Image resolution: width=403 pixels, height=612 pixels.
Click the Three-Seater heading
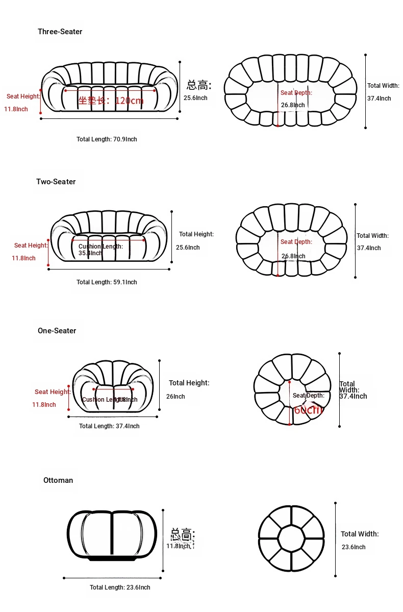coord(60,32)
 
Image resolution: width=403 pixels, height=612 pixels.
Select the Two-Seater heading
coord(56,182)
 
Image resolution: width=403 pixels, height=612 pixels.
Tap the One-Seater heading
coord(57,331)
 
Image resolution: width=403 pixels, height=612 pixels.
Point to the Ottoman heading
coord(58,480)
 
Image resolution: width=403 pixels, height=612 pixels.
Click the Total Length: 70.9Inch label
coord(107,139)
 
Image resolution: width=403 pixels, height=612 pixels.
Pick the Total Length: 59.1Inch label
coord(107,282)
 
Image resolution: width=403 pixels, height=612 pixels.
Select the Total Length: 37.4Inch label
coord(109,426)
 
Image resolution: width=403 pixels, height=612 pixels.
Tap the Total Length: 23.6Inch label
coord(120,587)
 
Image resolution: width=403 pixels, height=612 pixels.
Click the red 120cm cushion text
coord(129,101)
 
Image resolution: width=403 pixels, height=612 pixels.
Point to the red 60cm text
coord(308,409)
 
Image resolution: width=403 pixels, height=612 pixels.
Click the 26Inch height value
coord(175,397)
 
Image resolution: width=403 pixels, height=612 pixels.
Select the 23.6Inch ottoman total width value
coord(354,547)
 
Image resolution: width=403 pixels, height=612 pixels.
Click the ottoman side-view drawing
coord(112,535)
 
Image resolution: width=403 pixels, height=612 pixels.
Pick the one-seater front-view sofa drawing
coord(113,386)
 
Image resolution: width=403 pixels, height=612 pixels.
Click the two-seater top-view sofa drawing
coord(291,240)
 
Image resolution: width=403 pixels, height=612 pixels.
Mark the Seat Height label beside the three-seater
coord(23,96)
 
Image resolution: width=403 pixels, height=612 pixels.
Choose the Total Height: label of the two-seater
coord(196,234)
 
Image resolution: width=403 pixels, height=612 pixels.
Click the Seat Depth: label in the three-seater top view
coord(296,93)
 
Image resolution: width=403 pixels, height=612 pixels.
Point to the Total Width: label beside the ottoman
coord(360,534)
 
